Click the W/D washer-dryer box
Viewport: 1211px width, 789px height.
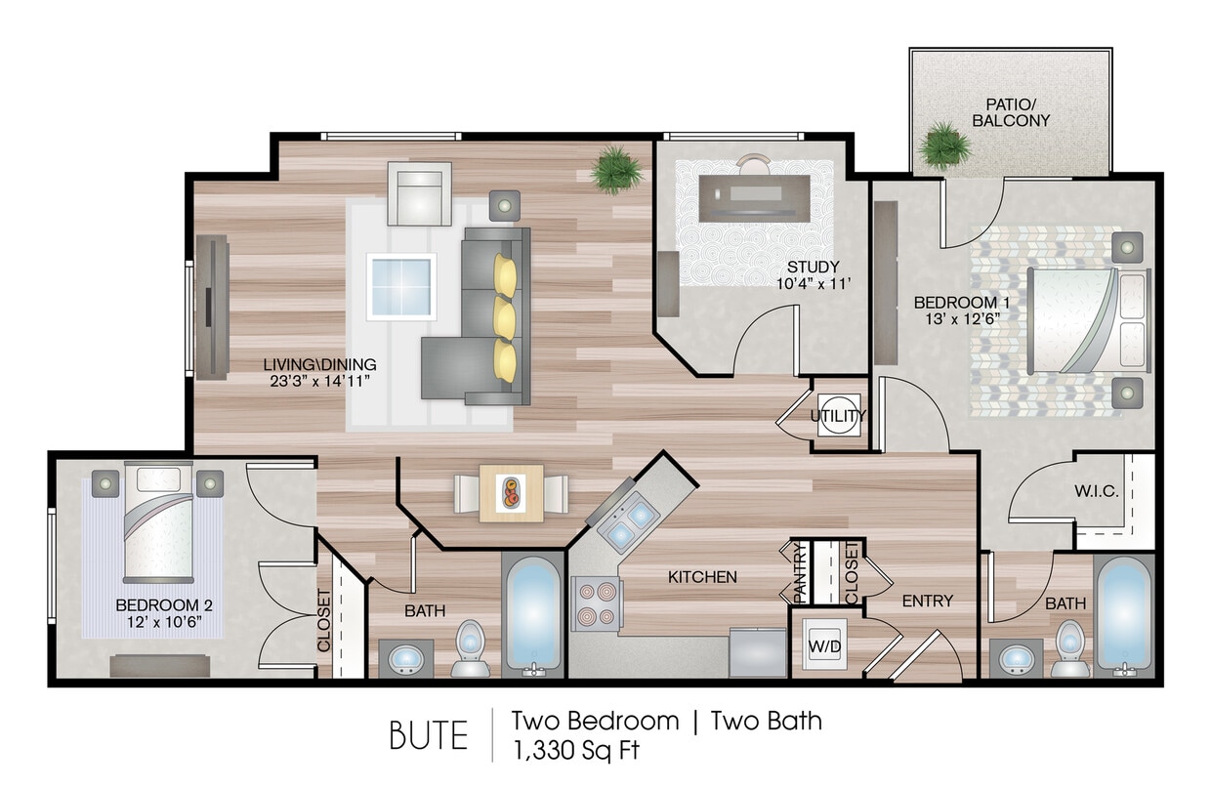click(x=820, y=645)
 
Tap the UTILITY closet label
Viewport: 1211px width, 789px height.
click(x=837, y=416)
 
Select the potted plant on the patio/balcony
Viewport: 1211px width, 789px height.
click(x=944, y=145)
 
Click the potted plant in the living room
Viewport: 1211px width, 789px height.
click(x=617, y=169)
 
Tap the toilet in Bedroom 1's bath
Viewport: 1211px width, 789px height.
click(x=1071, y=646)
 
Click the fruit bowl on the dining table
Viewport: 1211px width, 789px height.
click(x=511, y=492)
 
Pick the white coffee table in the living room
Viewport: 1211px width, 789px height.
click(x=401, y=286)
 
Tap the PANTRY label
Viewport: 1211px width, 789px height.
click(x=798, y=573)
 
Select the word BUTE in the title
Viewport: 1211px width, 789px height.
click(x=429, y=735)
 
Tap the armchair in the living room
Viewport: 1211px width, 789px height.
click(x=419, y=193)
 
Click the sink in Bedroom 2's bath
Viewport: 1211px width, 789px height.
click(x=405, y=659)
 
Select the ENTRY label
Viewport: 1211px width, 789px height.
click(x=927, y=601)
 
